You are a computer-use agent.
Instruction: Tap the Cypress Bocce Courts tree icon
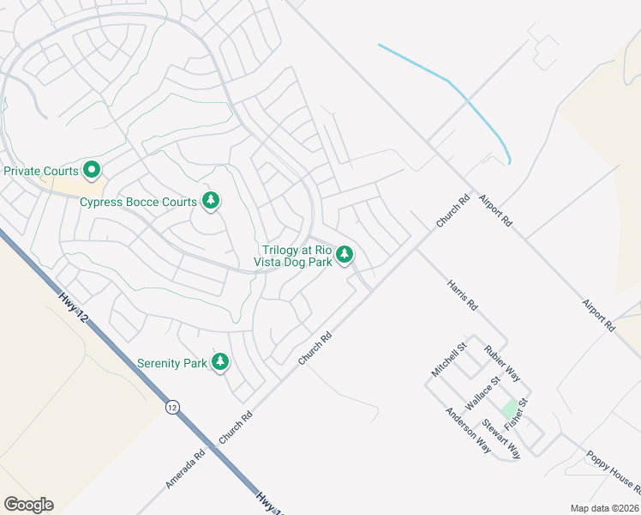pos(210,201)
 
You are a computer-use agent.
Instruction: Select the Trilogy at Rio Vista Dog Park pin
pos(344,253)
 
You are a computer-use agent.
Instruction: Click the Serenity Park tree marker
pos(221,362)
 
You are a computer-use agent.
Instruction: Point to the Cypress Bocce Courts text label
pos(138,203)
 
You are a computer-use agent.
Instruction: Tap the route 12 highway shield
pos(173,406)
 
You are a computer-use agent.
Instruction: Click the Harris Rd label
pos(462,293)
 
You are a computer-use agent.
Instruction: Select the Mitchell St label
pos(448,360)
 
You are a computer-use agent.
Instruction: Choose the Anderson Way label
pos(467,424)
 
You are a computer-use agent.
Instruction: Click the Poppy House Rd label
pos(614,472)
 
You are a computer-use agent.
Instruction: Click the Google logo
pos(28,505)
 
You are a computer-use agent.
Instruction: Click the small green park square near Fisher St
pos(510,408)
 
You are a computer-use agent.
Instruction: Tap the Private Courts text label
pos(41,171)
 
